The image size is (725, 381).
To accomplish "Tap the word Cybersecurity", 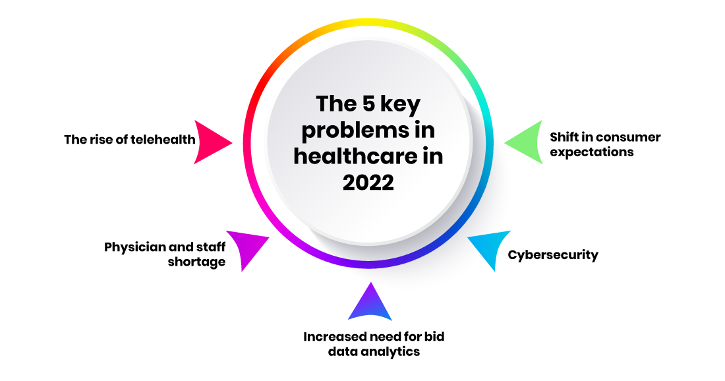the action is pyautogui.click(x=553, y=254).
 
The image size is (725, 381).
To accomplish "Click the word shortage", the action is pyautogui.click(x=198, y=262).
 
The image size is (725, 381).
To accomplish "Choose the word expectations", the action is pyautogui.click(x=592, y=152).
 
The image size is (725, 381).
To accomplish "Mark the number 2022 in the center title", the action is pyautogui.click(x=368, y=182).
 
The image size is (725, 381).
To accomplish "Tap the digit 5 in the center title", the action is pyautogui.click(x=368, y=103).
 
